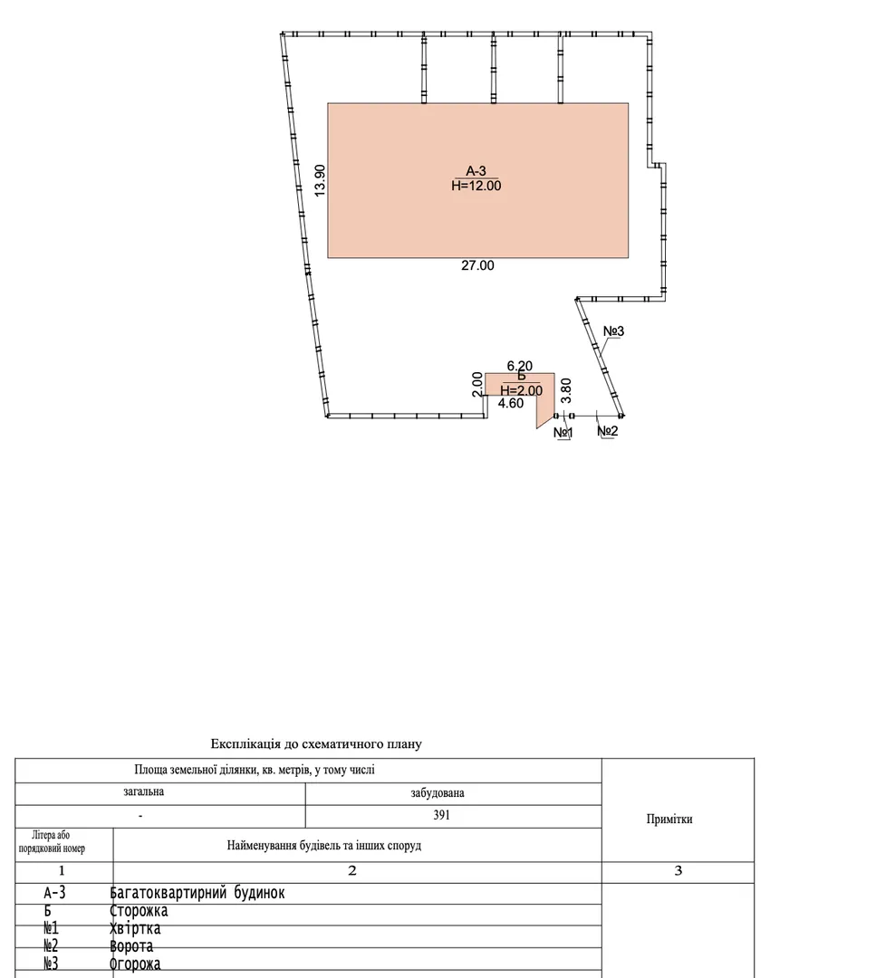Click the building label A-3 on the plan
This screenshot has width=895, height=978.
(476, 171)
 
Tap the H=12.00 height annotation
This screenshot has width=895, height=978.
(476, 186)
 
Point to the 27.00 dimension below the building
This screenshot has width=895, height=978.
(477, 265)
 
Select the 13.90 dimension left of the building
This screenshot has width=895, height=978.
(320, 180)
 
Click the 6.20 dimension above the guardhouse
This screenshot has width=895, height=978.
(520, 366)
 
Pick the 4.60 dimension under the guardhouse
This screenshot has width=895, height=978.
(511, 404)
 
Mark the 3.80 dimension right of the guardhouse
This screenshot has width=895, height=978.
(566, 390)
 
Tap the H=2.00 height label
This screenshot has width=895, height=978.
(521, 391)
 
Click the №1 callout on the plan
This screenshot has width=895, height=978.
(563, 432)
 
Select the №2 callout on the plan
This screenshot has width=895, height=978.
(607, 431)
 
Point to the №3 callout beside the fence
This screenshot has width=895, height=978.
(613, 331)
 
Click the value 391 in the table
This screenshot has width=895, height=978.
(441, 815)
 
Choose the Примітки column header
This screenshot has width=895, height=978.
(669, 819)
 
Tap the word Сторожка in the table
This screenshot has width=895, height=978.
(139, 911)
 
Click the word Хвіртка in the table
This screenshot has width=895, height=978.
(135, 929)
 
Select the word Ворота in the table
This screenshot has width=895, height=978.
(131, 946)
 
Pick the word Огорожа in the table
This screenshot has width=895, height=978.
(135, 964)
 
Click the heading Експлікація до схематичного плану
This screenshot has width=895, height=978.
(316, 744)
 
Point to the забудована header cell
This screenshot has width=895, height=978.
(438, 793)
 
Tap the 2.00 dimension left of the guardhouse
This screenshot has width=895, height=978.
(476, 384)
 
